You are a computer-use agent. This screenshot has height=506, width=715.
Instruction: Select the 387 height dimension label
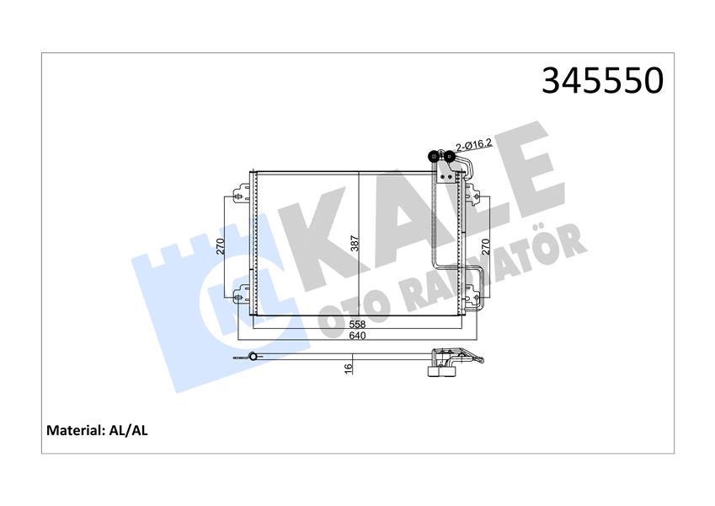pyautogui.click(x=355, y=245)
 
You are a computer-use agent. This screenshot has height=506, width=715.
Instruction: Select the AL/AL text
pyautogui.click(x=129, y=430)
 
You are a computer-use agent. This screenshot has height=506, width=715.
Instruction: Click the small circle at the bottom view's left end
pyautogui.click(x=248, y=358)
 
